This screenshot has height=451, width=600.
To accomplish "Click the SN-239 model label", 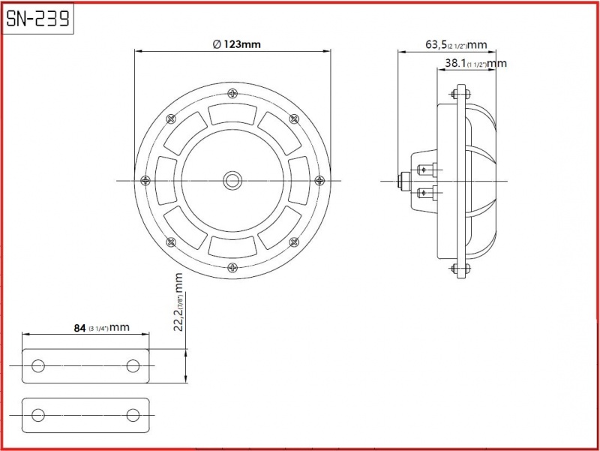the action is click(x=38, y=18).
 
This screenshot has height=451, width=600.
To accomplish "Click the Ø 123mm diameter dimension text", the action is click(x=236, y=44).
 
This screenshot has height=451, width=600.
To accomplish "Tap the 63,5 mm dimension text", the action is click(x=456, y=45).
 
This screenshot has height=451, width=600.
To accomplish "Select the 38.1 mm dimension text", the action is click(x=475, y=63).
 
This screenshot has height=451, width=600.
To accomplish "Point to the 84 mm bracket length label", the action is click(x=101, y=328).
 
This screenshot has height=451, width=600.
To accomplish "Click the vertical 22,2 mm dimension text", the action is click(x=178, y=302).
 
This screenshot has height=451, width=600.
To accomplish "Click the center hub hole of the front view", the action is click(x=232, y=180).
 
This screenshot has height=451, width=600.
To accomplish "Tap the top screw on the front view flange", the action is click(x=232, y=93).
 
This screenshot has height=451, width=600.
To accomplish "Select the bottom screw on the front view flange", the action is click(x=232, y=267).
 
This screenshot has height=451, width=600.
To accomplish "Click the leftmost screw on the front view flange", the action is click(x=145, y=180).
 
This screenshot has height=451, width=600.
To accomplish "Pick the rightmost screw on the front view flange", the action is click(x=319, y=180).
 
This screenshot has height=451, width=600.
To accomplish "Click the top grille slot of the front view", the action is click(x=232, y=114).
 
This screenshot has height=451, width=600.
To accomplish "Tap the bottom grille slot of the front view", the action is click(x=232, y=247).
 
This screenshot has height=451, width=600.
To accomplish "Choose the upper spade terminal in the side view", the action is click(x=427, y=170).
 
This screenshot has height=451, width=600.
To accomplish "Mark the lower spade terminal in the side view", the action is click(x=427, y=192).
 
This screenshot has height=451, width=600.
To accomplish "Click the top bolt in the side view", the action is click(x=460, y=93).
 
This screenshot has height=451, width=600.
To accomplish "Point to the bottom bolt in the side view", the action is click(x=460, y=268).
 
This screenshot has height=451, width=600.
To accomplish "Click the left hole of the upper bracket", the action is click(x=38, y=365).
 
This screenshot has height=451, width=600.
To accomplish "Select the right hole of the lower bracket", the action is click(x=133, y=415).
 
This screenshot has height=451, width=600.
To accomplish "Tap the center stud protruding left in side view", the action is click(x=404, y=180).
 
